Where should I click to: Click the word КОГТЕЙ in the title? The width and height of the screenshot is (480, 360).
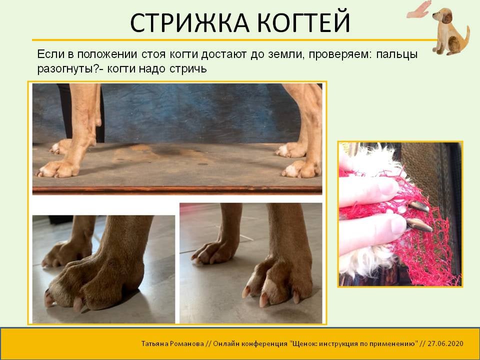click(303, 22)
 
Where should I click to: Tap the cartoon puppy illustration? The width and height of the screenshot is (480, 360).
click(449, 32)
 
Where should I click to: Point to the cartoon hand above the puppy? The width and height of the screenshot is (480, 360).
click(419, 10)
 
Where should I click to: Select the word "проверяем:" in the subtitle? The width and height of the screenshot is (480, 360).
click(340, 54)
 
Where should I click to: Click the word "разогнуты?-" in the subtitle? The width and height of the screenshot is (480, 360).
click(70, 69)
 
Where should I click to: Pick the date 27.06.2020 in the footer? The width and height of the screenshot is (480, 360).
click(445, 343)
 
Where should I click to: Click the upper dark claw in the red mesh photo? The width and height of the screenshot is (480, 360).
click(419, 206)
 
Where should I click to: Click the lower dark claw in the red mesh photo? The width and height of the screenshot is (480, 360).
click(418, 224)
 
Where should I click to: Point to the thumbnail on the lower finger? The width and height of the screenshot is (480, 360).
click(397, 224)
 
